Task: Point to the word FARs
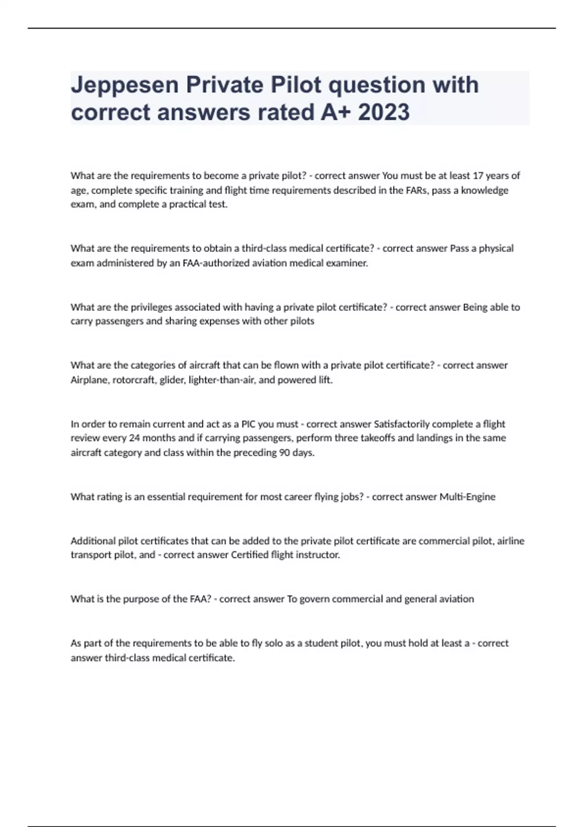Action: [417, 190]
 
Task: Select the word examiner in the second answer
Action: [350, 263]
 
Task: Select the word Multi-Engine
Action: [467, 497]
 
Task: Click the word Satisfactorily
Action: [402, 424]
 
